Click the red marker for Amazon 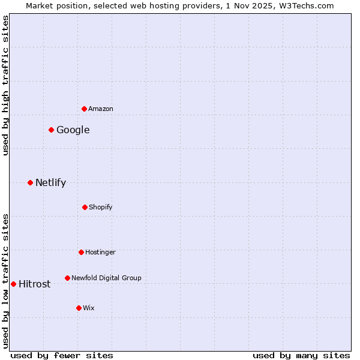[x=84, y=109]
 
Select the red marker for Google [x=51, y=130]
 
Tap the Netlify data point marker [x=30, y=182]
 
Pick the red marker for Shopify [x=85, y=207]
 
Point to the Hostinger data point [x=81, y=252]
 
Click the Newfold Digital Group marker [x=67, y=278]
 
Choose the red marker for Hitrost [x=13, y=284]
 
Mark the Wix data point [x=79, y=308]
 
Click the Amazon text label [x=101, y=109]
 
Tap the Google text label [x=73, y=130]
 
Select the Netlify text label [x=50, y=182]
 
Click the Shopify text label [x=101, y=207]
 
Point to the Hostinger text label [x=100, y=252]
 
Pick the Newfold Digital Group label [x=106, y=278]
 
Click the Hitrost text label [x=35, y=284]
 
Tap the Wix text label [x=89, y=308]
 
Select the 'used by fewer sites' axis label [x=62, y=355]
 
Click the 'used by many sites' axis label [x=301, y=355]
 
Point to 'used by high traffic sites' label [x=5, y=85]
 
